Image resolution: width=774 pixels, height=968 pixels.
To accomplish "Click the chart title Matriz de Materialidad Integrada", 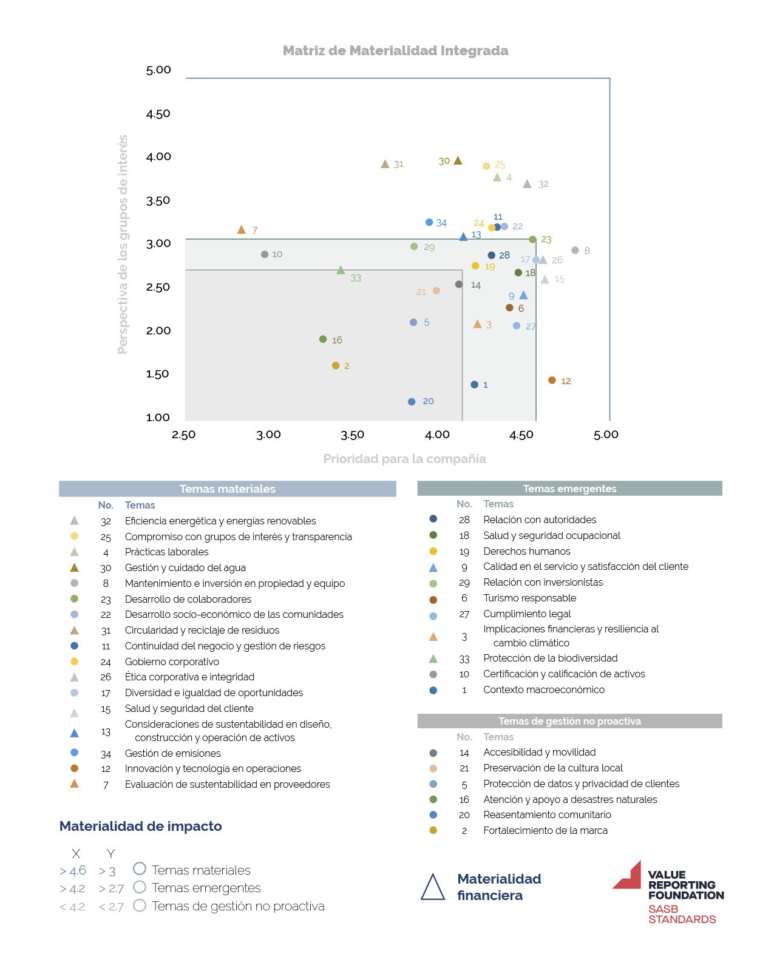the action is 395,50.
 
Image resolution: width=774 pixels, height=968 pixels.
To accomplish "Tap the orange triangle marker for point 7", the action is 241,230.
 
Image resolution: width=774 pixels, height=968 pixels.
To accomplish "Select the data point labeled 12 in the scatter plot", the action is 552,380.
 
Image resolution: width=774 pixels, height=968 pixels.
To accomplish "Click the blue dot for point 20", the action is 412,401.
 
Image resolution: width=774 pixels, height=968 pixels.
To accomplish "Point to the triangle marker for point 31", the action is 385,164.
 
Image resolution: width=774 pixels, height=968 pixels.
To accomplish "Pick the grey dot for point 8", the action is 575,250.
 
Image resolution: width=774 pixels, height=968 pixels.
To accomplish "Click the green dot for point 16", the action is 322,339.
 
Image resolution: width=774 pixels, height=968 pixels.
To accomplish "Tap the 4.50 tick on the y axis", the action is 158,113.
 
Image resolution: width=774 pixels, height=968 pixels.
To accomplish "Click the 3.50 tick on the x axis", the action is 352,435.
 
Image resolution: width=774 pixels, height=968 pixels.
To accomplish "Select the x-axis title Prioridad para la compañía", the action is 404,459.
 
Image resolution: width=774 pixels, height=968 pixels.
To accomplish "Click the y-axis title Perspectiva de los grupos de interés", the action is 123,244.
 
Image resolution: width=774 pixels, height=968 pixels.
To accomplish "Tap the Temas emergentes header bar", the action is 569,488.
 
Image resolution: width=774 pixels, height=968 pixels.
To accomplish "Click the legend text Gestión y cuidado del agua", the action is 185,567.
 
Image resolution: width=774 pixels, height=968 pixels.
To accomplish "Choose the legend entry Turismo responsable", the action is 529,598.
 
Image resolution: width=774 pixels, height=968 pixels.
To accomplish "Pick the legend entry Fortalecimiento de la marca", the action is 545,830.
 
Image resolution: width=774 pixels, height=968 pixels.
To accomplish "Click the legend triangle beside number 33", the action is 433,658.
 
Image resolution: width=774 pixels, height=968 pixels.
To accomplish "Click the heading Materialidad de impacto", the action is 140,826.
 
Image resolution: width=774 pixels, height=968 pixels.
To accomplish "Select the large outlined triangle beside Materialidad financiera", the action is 432,887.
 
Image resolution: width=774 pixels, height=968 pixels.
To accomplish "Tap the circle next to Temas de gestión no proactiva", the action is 140,905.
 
